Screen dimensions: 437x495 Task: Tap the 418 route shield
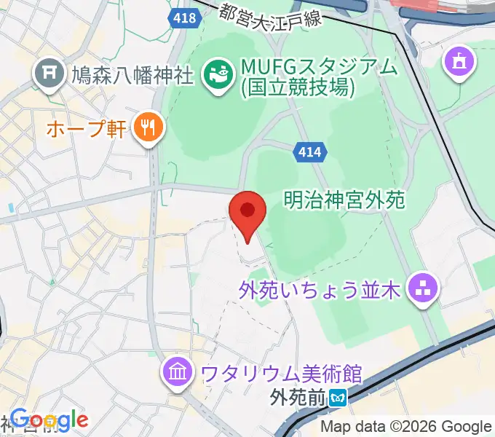185,17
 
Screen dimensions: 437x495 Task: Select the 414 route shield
311,152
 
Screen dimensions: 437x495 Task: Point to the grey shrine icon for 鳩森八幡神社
49,73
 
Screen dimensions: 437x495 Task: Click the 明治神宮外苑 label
344,200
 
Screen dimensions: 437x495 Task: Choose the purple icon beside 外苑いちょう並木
422,290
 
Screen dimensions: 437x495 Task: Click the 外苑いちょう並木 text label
320,291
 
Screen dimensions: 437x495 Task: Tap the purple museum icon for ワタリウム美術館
179,374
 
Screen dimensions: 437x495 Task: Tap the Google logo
49,420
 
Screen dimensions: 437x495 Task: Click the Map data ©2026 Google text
406,427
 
